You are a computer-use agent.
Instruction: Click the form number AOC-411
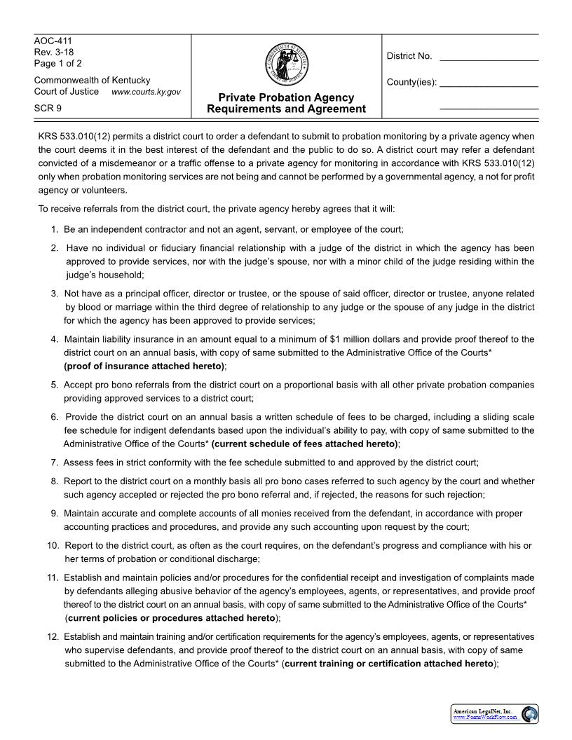(x=53, y=41)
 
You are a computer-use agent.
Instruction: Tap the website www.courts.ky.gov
(x=146, y=92)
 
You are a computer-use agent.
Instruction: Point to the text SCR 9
(x=48, y=109)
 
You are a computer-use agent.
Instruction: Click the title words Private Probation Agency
(x=286, y=97)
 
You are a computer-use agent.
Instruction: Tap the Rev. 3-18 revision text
(x=54, y=53)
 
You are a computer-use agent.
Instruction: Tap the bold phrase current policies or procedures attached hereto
(x=172, y=618)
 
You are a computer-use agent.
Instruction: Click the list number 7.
(x=54, y=463)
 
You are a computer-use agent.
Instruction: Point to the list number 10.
(x=53, y=545)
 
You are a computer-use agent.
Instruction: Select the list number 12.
(x=53, y=637)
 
